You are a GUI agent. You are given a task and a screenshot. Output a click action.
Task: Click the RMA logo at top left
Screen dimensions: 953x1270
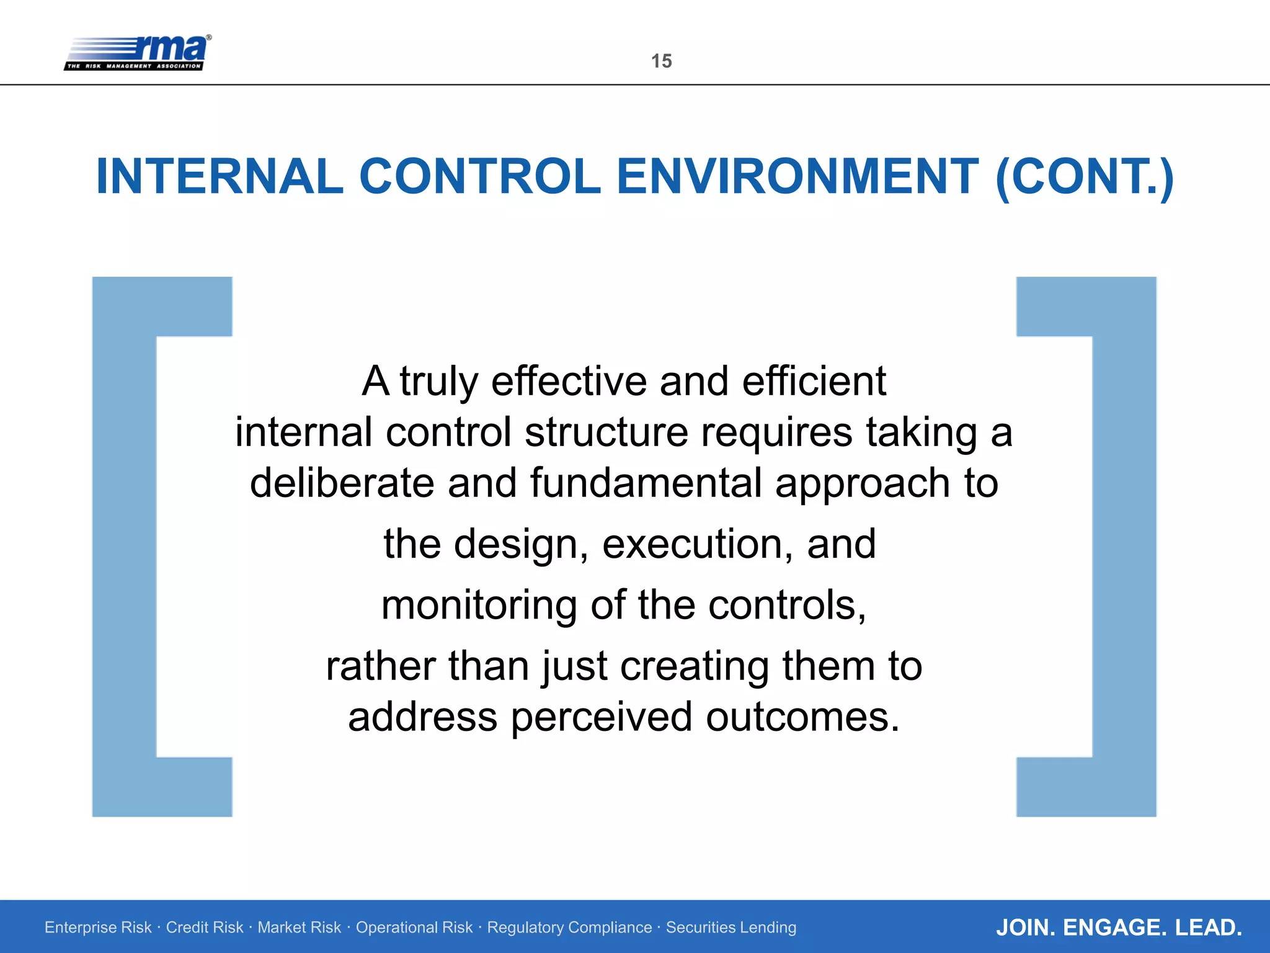[x=138, y=52]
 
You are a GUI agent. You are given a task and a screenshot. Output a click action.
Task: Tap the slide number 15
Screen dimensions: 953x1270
[x=661, y=61]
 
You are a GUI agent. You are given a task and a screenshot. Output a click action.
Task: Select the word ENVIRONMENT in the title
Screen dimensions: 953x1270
[x=797, y=176]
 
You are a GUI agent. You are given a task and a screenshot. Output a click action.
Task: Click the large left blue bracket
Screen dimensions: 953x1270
[x=124, y=546]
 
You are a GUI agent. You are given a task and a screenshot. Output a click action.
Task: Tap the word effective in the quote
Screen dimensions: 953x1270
[x=569, y=381]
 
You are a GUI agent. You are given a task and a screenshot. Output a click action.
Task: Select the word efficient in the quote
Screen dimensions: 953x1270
[x=814, y=381]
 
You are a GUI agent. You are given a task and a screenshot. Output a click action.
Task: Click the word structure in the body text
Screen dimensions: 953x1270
[x=606, y=432]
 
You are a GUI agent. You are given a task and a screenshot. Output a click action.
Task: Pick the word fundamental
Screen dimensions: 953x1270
[x=646, y=483]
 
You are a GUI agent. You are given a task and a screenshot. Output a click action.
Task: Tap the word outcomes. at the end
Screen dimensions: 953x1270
[x=802, y=717]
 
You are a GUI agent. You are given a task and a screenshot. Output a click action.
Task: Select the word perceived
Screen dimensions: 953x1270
[x=601, y=717]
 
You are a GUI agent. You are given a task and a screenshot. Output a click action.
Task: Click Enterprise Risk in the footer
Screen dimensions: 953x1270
[x=98, y=927]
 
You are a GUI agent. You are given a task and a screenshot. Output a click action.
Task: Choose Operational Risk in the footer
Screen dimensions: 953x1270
[x=414, y=927]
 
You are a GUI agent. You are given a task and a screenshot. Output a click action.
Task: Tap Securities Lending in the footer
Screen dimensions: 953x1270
[x=730, y=927]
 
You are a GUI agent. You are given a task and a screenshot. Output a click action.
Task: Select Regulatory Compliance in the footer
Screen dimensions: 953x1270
[x=569, y=927]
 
